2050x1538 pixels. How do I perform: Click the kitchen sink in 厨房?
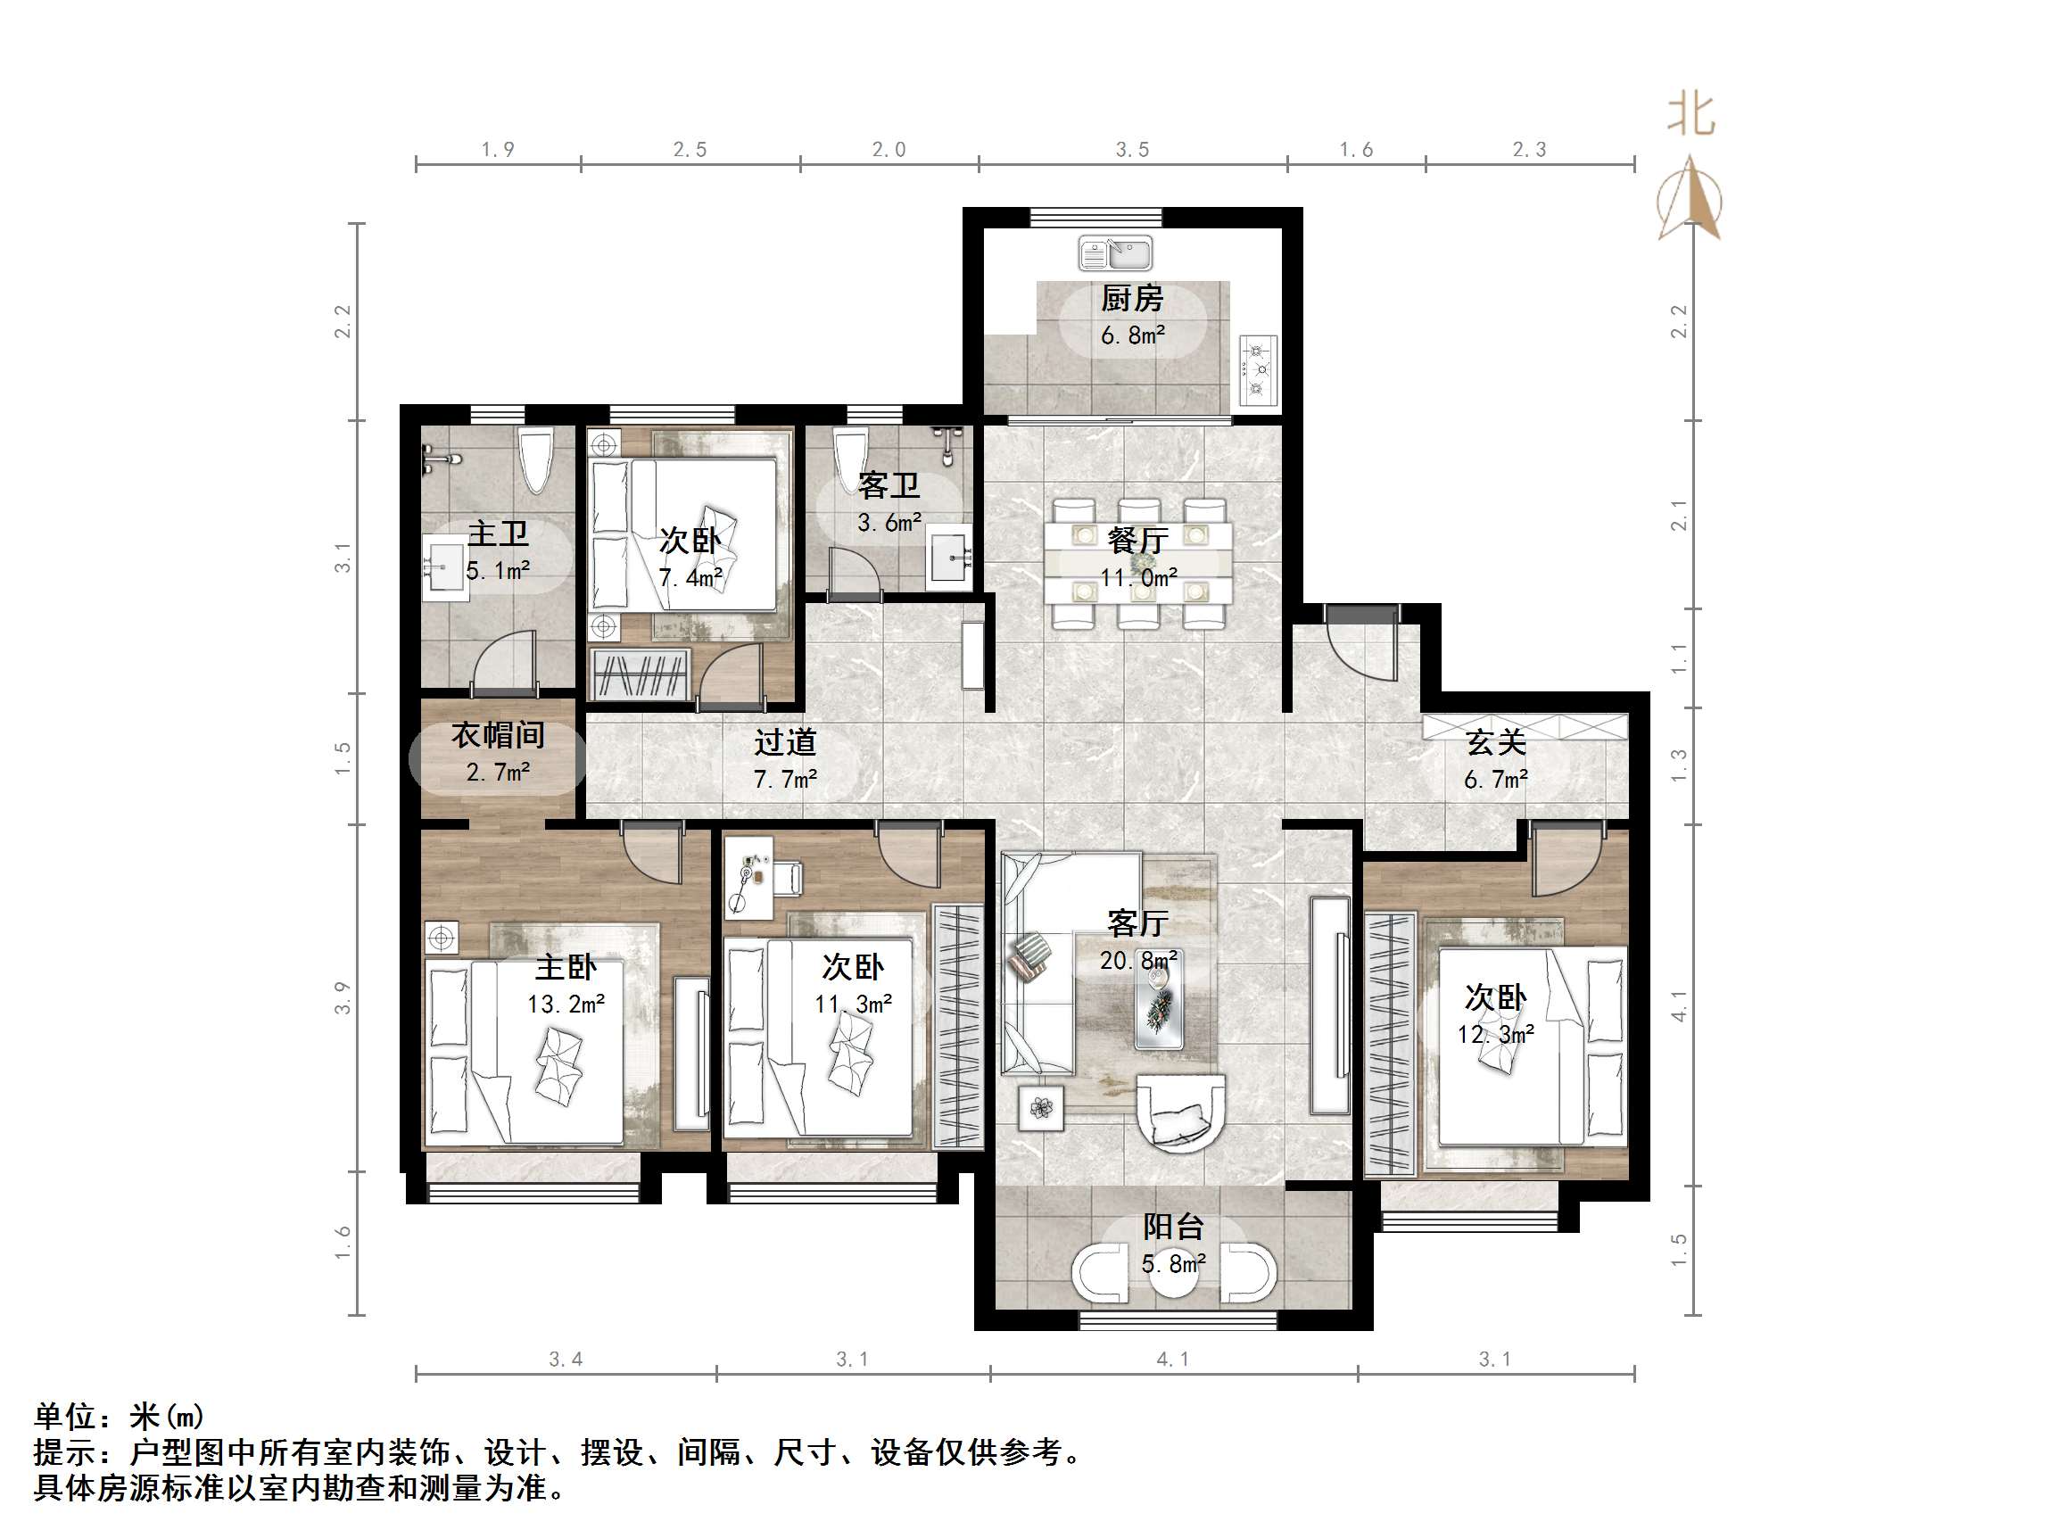click(x=1116, y=253)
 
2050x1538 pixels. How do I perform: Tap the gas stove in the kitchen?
click(x=1258, y=371)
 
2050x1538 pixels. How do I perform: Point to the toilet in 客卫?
click(x=848, y=454)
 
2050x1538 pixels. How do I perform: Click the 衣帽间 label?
click(x=498, y=735)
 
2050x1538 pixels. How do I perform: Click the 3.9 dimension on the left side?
click(x=343, y=997)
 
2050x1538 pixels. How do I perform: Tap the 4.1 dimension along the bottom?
click(x=1172, y=1359)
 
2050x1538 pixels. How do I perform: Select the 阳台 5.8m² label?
click(x=1173, y=1244)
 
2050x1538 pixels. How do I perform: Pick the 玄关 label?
click(x=1496, y=742)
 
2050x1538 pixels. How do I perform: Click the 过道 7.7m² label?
click(x=785, y=760)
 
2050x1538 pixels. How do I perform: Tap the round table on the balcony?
click(x=1173, y=1274)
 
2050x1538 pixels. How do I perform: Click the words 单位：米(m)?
click(x=119, y=1416)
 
